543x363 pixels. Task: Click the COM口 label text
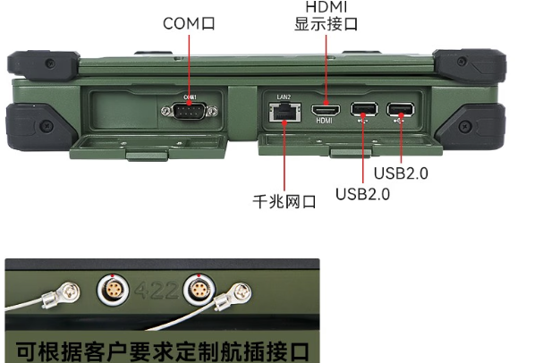(x=190, y=23)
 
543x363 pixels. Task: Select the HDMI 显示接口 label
(x=326, y=17)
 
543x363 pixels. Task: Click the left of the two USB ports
(x=363, y=111)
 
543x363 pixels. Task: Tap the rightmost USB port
(x=400, y=111)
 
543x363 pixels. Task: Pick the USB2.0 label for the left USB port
(x=362, y=193)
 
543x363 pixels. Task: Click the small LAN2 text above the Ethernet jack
(x=283, y=96)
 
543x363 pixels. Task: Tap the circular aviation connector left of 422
(x=112, y=291)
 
